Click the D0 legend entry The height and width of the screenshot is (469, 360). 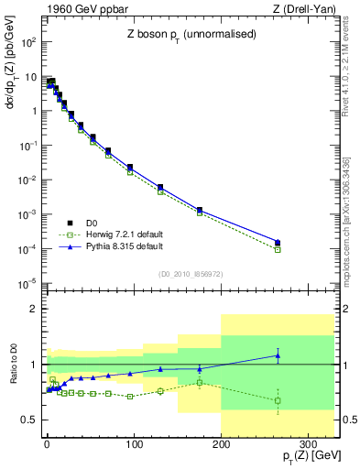pos(93,223)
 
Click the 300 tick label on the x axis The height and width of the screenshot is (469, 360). pos(308,442)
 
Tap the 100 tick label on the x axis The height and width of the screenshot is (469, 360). pos(134,442)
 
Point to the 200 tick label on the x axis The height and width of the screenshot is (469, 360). pos(221,442)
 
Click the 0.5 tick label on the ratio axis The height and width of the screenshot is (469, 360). pos(29,420)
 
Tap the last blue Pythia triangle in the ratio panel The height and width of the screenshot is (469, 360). pos(278,355)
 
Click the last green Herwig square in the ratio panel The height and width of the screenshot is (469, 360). pos(278,400)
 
